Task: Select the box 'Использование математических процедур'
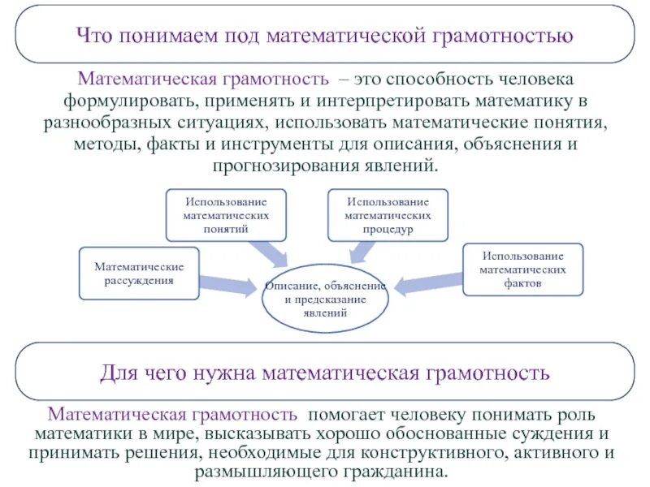pyautogui.click(x=388, y=214)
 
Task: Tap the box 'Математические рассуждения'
pyautogui.click(x=139, y=274)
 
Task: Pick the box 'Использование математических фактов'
pyautogui.click(x=522, y=269)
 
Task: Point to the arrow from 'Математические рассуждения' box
pyautogui.click(x=230, y=283)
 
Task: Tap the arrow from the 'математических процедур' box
pyautogui.click(x=366, y=254)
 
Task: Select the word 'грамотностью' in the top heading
pyautogui.click(x=508, y=37)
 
